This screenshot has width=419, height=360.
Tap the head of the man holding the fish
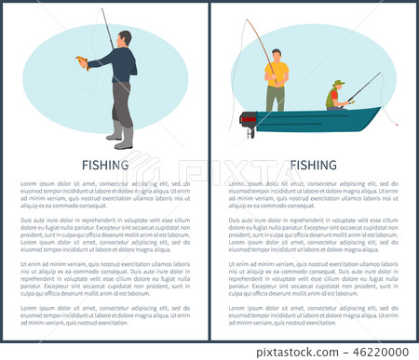coord(125,38)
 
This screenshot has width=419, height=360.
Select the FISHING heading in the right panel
coord(313,168)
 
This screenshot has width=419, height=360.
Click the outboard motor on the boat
coord(249,120)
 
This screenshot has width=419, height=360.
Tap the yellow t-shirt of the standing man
coord(277,73)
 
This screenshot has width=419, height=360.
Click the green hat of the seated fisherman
coord(338,84)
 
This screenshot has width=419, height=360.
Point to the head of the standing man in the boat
coord(276,54)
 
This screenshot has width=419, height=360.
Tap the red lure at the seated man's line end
coord(396,123)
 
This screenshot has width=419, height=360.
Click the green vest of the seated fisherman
coord(333,96)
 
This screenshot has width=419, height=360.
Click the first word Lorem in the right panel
coord(239,184)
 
